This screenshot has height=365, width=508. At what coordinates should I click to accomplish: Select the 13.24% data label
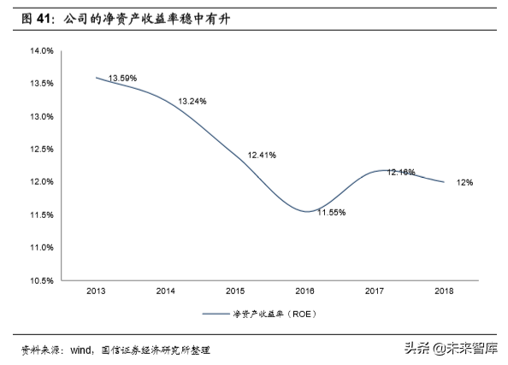[x=192, y=103]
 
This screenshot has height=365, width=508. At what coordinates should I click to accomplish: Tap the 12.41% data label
[x=262, y=156]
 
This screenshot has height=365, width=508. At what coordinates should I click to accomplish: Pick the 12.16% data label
[x=401, y=172]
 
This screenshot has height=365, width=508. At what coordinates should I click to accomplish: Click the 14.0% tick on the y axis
[x=42, y=51]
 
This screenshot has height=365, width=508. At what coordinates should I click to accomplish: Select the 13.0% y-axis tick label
[x=42, y=116]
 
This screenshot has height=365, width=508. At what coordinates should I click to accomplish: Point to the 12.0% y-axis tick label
[x=42, y=182]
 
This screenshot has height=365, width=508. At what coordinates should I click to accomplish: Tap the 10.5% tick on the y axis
[x=42, y=280]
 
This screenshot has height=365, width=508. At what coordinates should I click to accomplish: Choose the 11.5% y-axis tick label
[x=42, y=215]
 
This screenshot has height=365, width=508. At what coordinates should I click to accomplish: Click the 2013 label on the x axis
[x=95, y=291]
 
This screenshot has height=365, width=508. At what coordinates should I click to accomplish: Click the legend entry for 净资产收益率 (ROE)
[x=265, y=315]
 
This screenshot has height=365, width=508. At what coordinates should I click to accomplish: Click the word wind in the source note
[x=80, y=350]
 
